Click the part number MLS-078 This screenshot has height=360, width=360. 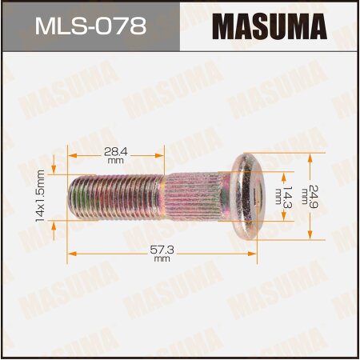89,27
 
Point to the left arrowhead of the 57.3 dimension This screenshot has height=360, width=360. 70,253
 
